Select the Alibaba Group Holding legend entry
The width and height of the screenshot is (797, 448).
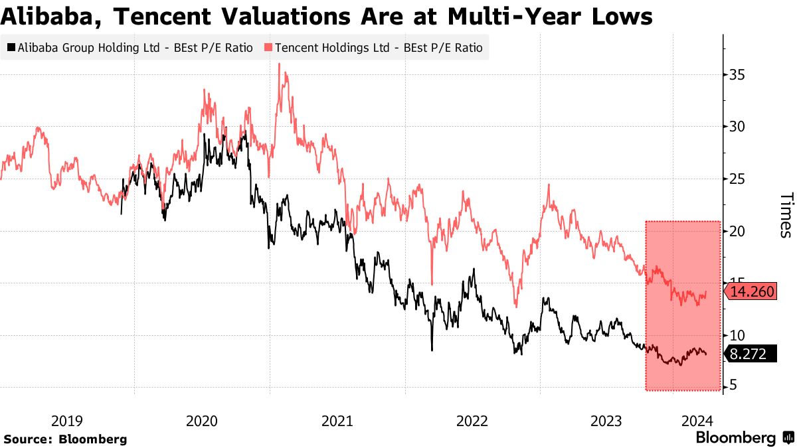click(130, 48)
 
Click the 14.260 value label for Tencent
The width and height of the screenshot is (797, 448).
click(753, 291)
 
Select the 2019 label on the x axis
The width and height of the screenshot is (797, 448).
click(66, 421)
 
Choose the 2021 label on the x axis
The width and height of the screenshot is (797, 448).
click(337, 421)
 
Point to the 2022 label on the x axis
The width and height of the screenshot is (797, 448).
click(472, 421)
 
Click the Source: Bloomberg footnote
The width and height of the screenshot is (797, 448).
click(65, 439)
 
